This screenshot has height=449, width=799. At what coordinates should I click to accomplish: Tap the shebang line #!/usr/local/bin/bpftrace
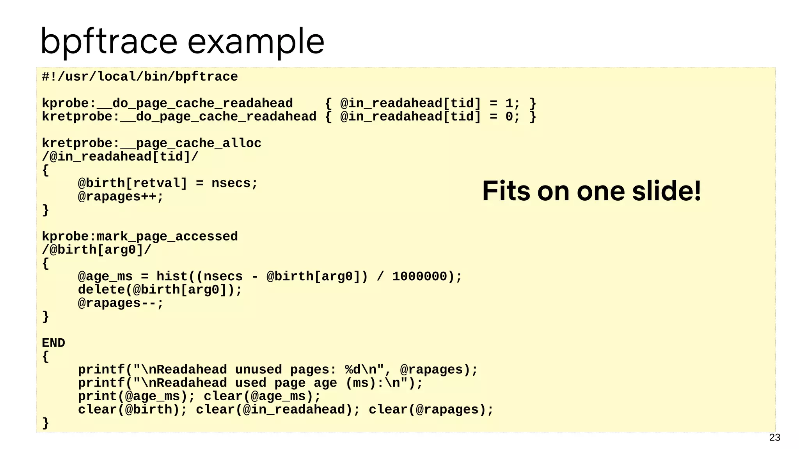pyautogui.click(x=140, y=77)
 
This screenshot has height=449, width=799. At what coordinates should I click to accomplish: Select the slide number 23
pyautogui.click(x=774, y=437)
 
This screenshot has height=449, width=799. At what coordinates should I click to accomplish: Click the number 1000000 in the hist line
pyautogui.click(x=419, y=276)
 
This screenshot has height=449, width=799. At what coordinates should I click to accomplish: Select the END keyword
pyautogui.click(x=53, y=343)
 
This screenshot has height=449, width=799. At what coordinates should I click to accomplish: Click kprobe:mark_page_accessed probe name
pyautogui.click(x=140, y=237)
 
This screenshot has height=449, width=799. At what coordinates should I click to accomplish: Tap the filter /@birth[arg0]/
pyautogui.click(x=96, y=250)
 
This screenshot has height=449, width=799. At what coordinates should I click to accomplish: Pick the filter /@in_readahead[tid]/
pyautogui.click(x=120, y=157)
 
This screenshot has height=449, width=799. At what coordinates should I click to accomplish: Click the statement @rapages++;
pyautogui.click(x=121, y=196)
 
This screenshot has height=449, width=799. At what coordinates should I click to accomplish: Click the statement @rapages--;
pyautogui.click(x=121, y=303)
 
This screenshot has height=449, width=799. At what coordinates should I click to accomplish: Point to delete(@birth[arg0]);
pyautogui.click(x=160, y=290)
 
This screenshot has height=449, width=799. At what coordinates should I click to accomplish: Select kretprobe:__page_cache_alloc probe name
pyautogui.click(x=151, y=143)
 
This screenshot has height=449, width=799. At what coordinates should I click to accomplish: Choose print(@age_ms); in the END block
pyautogui.click(x=136, y=396)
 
